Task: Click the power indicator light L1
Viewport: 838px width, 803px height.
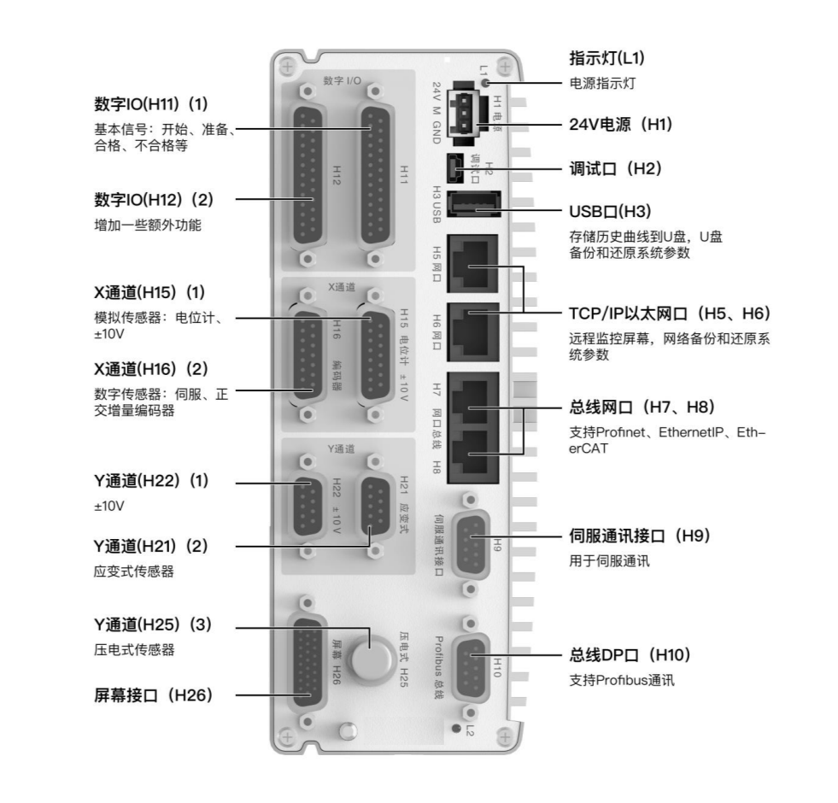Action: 486,82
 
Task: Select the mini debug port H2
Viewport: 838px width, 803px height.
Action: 455,168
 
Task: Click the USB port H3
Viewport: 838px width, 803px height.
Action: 473,203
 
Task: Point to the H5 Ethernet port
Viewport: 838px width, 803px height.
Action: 472,264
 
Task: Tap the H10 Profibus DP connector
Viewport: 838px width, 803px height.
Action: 471,668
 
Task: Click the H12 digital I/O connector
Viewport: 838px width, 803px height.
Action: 308,175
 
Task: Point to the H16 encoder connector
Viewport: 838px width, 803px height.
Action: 308,355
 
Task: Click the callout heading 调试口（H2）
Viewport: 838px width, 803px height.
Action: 616,169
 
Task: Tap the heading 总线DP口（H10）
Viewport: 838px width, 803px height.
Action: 630,655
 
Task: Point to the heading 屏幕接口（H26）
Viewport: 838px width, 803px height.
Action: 154,695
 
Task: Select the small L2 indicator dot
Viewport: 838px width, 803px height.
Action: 456,728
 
